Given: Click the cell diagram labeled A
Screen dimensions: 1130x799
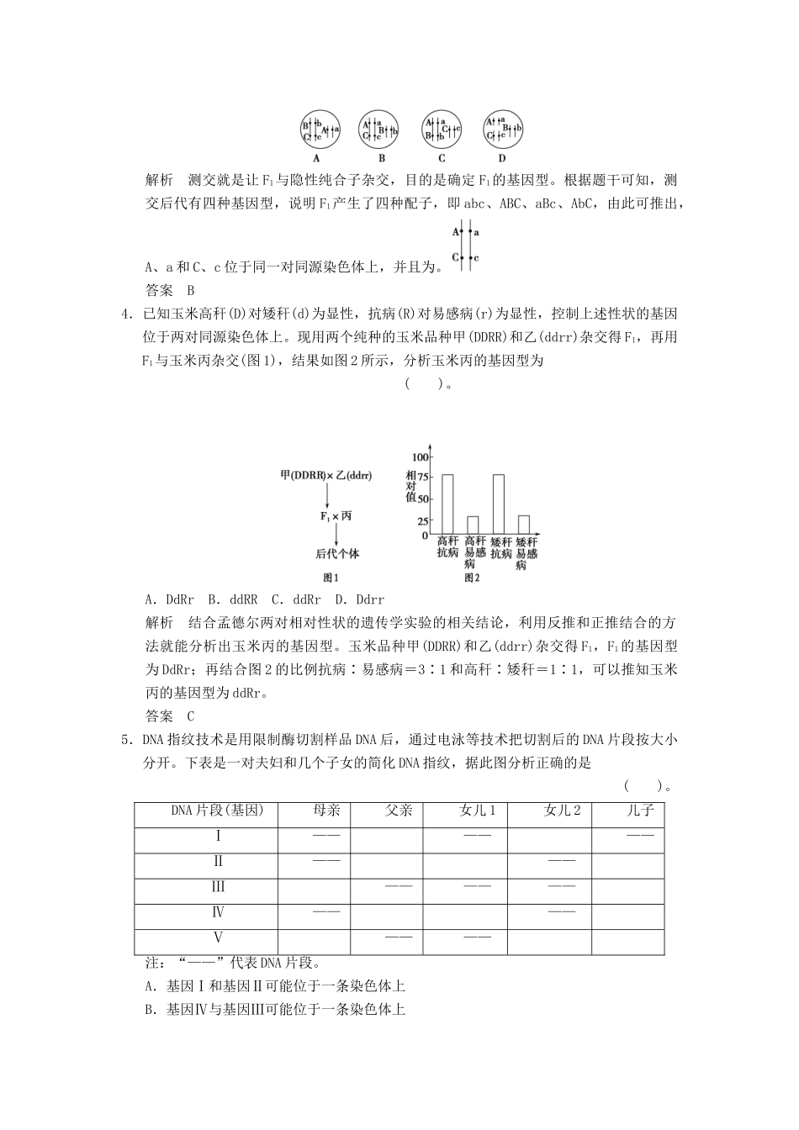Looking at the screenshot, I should click(320, 129).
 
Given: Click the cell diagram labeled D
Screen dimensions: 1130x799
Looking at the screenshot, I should click(504, 129).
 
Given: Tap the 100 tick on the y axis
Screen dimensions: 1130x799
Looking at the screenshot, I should click(420, 457).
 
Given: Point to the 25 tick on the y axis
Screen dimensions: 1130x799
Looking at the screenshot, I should click(421, 520).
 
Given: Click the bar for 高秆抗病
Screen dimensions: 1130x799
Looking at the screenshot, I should click(447, 504).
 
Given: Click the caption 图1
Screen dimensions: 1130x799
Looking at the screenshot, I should click(331, 578).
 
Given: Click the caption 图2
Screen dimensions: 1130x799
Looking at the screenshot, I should click(472, 578).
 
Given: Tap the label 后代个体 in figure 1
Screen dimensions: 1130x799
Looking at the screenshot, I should click(336, 554).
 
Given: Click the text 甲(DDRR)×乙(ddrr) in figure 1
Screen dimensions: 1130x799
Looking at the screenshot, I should click(326, 475).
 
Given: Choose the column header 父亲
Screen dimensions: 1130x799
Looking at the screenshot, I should click(399, 811).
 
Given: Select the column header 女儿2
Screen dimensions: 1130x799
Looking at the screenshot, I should click(562, 811).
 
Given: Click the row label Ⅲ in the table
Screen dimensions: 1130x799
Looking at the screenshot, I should click(219, 887).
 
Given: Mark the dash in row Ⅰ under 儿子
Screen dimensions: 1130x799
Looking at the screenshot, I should click(640, 835).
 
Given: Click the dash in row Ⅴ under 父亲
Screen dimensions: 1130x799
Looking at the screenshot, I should click(399, 937).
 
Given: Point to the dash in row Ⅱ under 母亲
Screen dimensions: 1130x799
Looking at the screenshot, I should click(326, 861).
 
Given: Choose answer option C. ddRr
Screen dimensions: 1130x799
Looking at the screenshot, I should click(295, 600).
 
